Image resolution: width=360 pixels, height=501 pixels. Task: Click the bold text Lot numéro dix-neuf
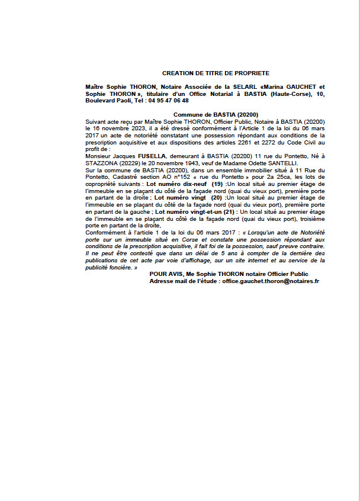click(x=174, y=185)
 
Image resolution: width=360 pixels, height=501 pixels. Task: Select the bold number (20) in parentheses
click(x=217, y=197)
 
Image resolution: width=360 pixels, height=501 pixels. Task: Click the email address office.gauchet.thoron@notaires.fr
click(x=270, y=281)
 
